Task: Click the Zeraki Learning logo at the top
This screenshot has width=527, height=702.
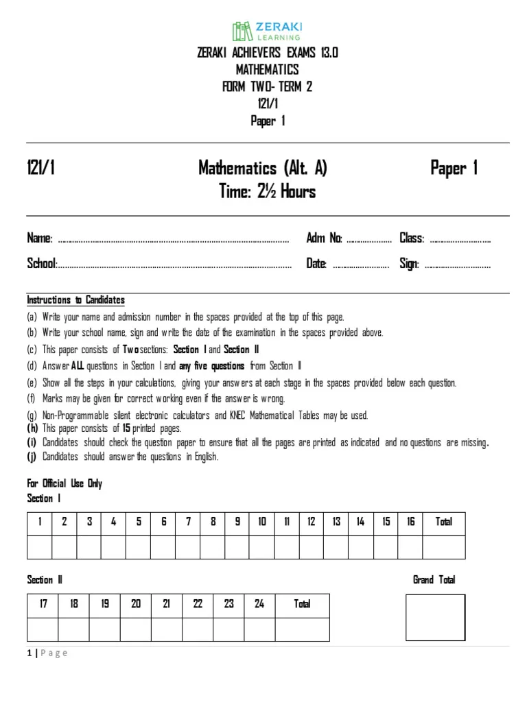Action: pyautogui.click(x=267, y=31)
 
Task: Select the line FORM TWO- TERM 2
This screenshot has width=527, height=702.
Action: pyautogui.click(x=267, y=87)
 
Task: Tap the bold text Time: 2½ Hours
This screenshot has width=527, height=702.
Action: pyautogui.click(x=267, y=192)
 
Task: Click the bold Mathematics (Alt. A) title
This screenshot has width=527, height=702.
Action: pyautogui.click(x=263, y=168)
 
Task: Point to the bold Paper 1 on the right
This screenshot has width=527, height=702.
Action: pyautogui.click(x=454, y=168)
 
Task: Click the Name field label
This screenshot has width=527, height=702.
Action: pyautogui.click(x=40, y=239)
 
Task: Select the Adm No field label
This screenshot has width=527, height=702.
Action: pyautogui.click(x=324, y=239)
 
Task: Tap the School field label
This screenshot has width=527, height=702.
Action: pyautogui.click(x=41, y=264)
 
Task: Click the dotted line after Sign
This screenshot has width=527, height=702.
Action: pyautogui.click(x=458, y=265)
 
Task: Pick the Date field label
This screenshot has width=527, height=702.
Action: pyautogui.click(x=316, y=264)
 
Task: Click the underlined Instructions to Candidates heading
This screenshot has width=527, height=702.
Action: pyautogui.click(x=75, y=300)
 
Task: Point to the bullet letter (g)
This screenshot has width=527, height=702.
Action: pyautogui.click(x=32, y=415)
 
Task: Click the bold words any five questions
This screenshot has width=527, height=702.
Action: pyautogui.click(x=211, y=366)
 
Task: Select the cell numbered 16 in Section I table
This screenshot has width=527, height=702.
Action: pyautogui.click(x=410, y=522)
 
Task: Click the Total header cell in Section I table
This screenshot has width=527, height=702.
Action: pyautogui.click(x=443, y=522)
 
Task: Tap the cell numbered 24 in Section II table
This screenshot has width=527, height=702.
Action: pyautogui.click(x=259, y=605)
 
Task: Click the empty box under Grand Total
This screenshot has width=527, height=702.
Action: pyautogui.click(x=435, y=618)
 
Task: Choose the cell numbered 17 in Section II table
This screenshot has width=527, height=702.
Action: pyautogui.click(x=43, y=605)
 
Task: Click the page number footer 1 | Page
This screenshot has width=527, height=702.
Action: pyautogui.click(x=47, y=653)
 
